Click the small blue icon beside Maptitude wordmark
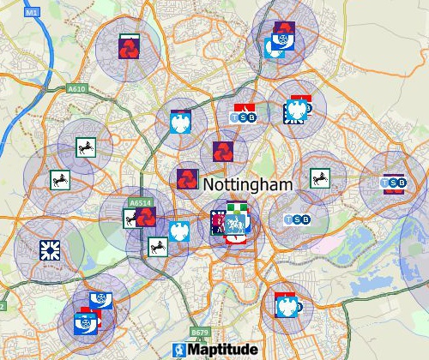(x=179, y=351)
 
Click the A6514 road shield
(x=139, y=203)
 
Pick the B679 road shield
(x=200, y=332)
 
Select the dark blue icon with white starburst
(x=49, y=249)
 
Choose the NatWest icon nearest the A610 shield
(x=130, y=46)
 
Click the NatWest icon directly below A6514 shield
(x=145, y=216)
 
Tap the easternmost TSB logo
(x=393, y=183)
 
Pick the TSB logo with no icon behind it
(x=294, y=219)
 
